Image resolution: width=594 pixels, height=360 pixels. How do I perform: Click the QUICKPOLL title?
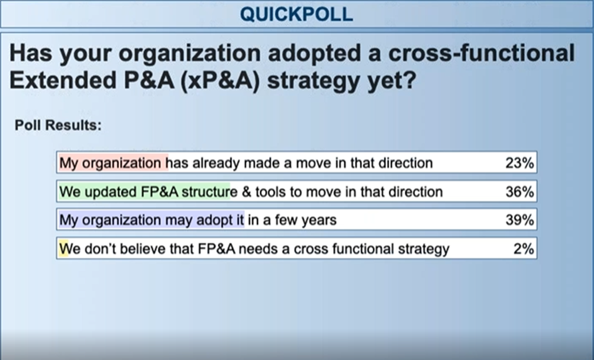pyautogui.click(x=296, y=14)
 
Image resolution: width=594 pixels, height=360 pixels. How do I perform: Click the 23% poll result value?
pyautogui.click(x=519, y=163)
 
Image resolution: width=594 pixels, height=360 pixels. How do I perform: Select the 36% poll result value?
pyautogui.click(x=519, y=192)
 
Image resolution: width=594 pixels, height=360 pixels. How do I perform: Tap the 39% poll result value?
pyautogui.click(x=519, y=220)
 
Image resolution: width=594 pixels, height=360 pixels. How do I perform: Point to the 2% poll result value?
pyautogui.click(x=524, y=249)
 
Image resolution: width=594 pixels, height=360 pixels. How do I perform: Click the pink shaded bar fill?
pyautogui.click(x=113, y=162)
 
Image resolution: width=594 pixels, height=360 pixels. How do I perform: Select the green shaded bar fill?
pyautogui.click(x=144, y=191)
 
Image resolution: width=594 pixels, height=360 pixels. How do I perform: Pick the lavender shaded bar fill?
pyautogui.click(x=151, y=220)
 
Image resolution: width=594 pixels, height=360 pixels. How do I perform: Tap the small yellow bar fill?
pyautogui.click(x=63, y=248)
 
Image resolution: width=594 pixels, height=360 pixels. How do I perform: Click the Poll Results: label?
pyautogui.click(x=58, y=125)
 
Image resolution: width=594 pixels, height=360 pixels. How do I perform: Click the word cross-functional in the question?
pyautogui.click(x=482, y=53)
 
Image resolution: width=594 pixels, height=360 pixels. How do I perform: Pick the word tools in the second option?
pyautogui.click(x=271, y=192)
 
